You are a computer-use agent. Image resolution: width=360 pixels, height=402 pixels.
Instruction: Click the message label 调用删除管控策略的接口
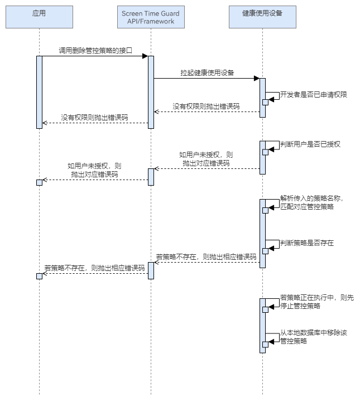95,50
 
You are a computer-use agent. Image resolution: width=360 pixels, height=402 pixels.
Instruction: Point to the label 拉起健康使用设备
207,72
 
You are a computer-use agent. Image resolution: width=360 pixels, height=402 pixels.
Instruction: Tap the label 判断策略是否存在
306,243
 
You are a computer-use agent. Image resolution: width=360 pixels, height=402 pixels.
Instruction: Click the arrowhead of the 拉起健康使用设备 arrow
256,78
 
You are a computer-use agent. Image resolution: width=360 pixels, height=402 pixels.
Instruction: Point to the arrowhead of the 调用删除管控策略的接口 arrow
145,56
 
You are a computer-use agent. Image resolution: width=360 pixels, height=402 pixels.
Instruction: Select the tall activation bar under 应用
39,92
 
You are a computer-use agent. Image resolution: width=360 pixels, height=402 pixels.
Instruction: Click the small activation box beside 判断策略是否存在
265,251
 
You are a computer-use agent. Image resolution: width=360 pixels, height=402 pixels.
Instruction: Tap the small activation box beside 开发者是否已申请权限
265,101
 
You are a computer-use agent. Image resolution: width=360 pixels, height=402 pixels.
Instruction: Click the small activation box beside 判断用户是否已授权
265,152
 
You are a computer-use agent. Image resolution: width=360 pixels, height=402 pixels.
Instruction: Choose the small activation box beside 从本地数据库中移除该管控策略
265,344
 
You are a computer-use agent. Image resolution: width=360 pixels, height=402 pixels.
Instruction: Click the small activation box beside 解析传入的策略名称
265,207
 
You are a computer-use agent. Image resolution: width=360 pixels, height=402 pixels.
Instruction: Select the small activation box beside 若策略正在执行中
265,309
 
